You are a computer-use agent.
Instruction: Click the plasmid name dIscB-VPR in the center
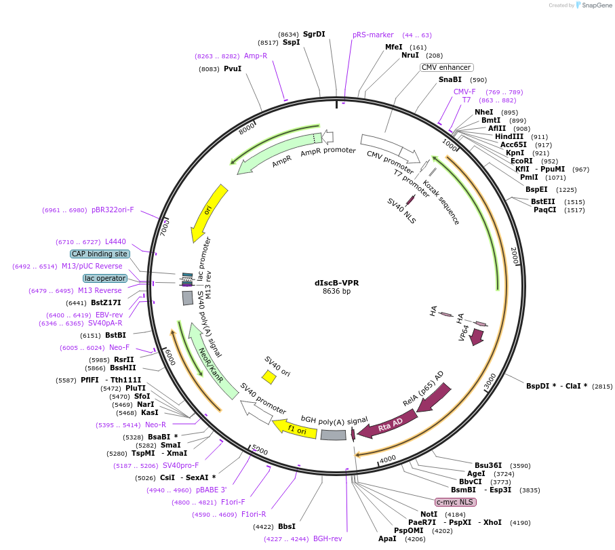[x=336, y=283]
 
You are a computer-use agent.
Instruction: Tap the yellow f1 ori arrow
[x=295, y=429]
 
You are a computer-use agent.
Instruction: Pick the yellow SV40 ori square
[x=269, y=377]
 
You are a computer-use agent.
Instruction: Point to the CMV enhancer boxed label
[x=446, y=67]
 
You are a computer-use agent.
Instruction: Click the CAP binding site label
[x=100, y=254]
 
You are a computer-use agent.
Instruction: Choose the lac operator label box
[x=105, y=278]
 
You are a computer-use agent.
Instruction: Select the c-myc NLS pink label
[x=456, y=502]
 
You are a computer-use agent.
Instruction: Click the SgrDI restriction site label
[x=314, y=34]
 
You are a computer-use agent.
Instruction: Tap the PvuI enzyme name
[x=233, y=68]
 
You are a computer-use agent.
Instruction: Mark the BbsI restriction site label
[x=287, y=526]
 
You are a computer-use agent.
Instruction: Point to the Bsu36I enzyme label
[x=488, y=466]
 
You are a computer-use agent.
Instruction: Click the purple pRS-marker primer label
[x=373, y=35]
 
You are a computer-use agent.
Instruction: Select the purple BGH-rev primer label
[x=328, y=539]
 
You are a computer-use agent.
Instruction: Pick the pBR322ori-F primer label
[x=113, y=210]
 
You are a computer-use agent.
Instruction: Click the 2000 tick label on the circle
[x=515, y=256]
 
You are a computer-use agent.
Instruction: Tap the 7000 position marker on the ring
[x=165, y=228]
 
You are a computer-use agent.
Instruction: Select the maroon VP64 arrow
[x=476, y=337]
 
